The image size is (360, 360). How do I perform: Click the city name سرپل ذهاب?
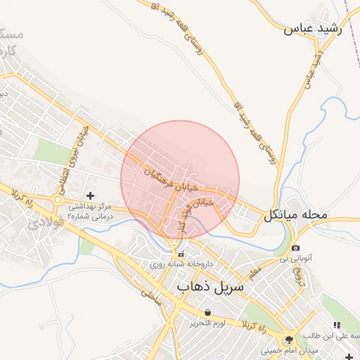click(210, 287)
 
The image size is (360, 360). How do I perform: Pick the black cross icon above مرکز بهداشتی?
click(89, 195)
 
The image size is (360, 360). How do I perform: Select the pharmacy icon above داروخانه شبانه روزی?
click(181, 254)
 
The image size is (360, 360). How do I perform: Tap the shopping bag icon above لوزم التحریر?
click(207, 312)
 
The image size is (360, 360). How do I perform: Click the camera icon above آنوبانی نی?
click(295, 248)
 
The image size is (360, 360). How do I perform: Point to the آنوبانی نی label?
click(295, 259)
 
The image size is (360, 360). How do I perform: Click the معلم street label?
click(254, 269)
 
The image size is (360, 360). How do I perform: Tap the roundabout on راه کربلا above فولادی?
click(57, 200)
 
